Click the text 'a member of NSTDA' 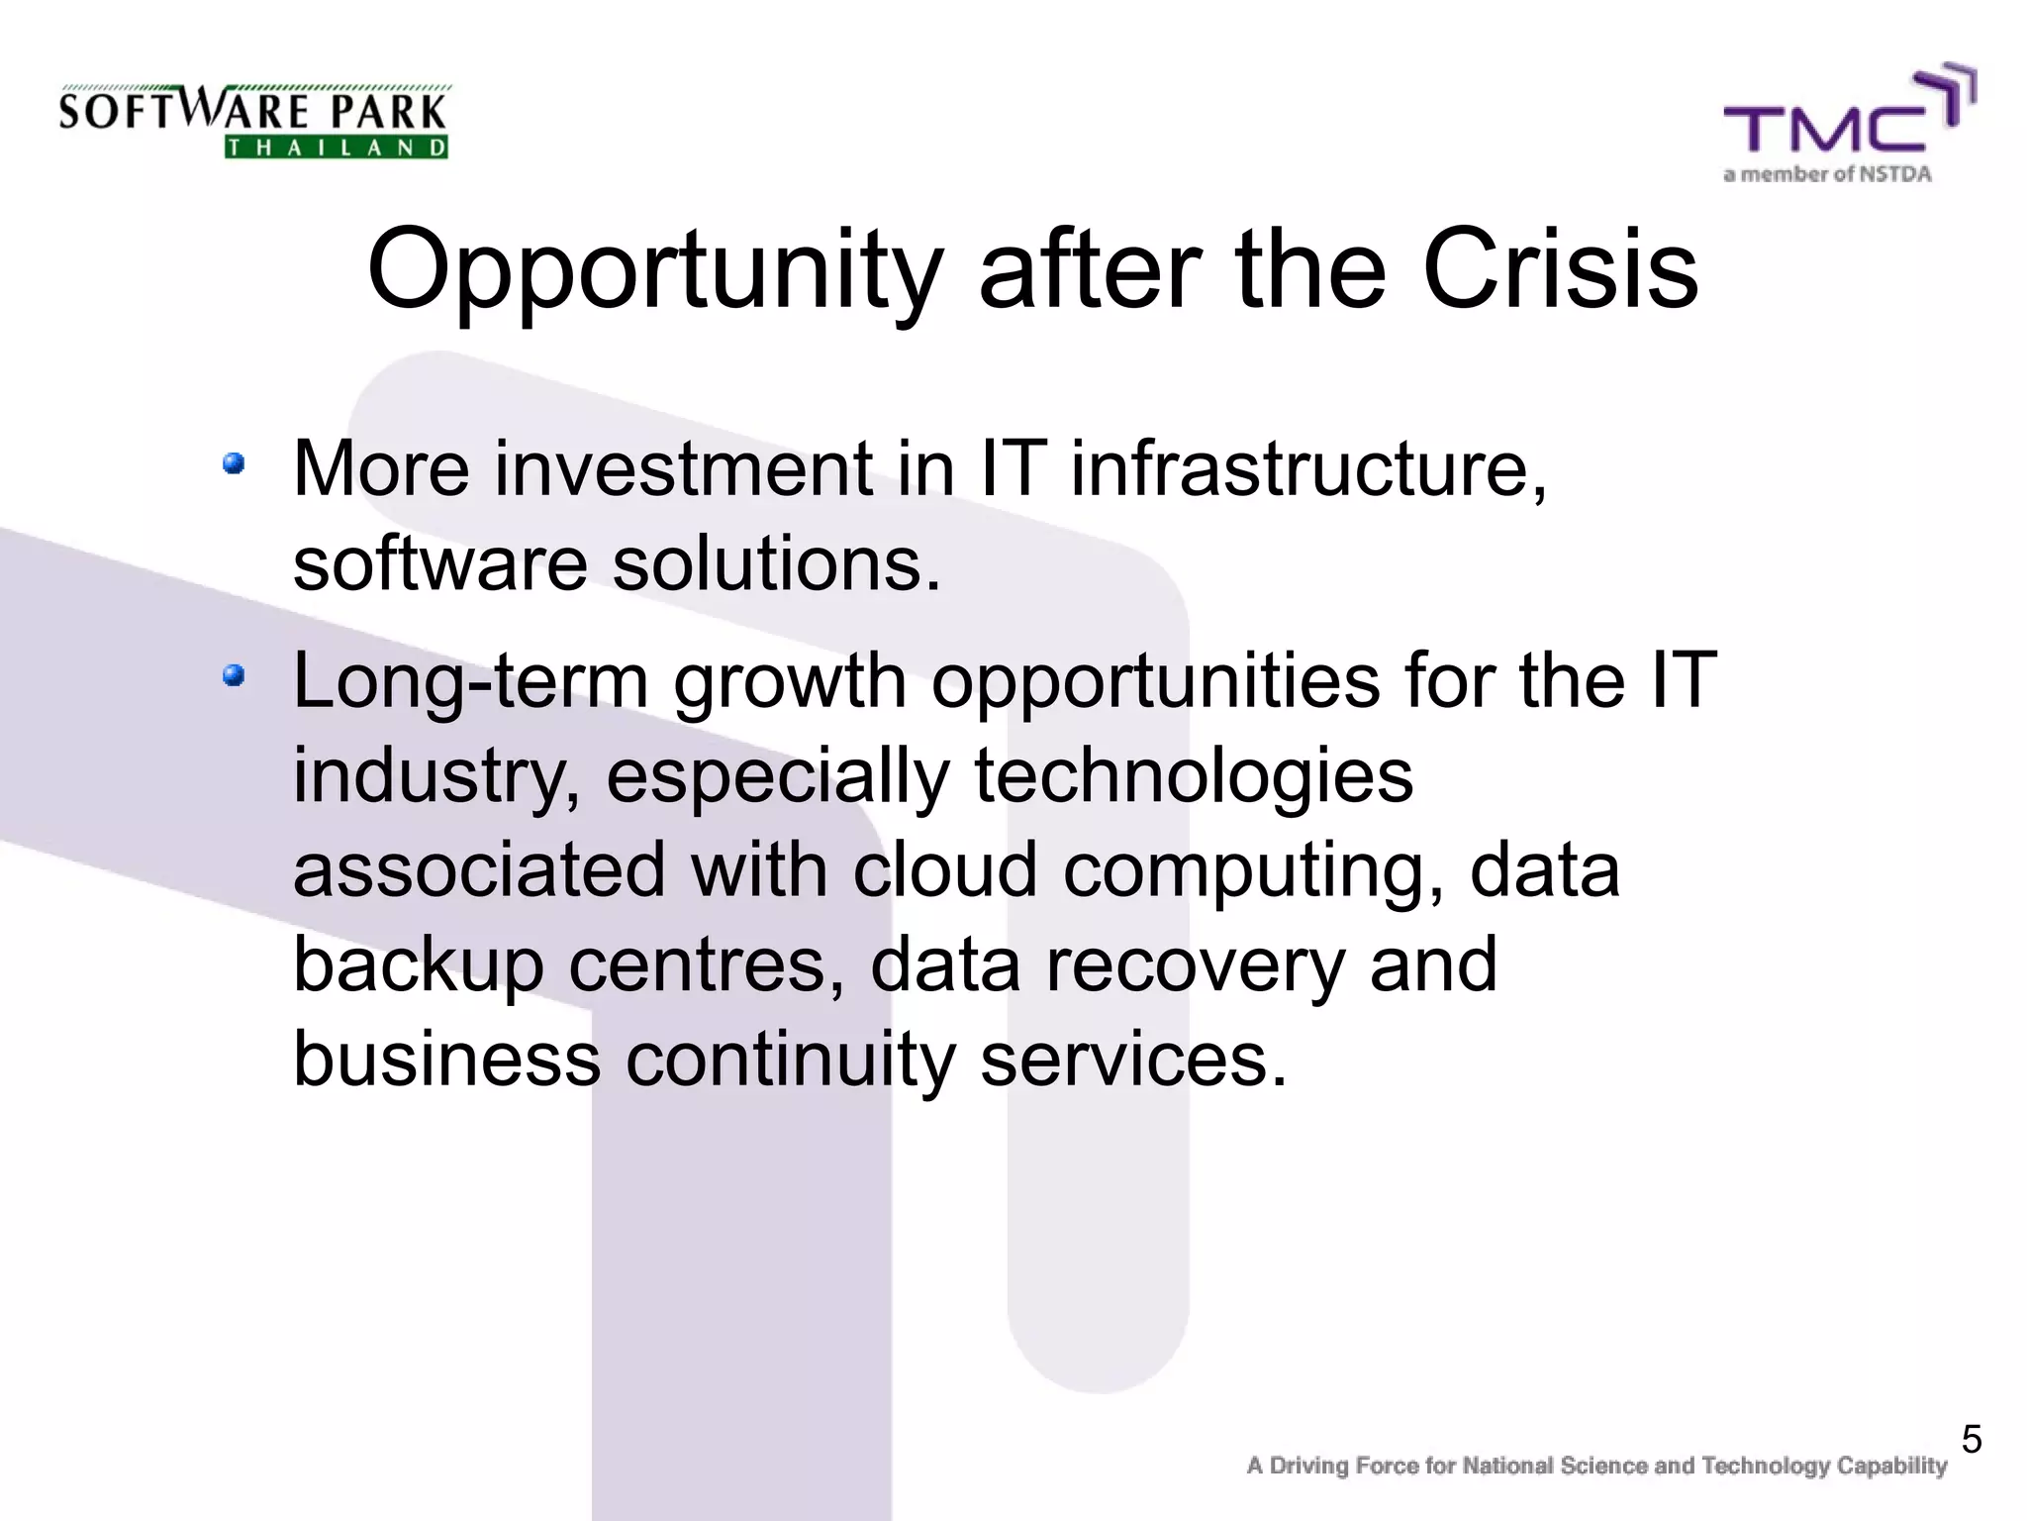coord(1827,175)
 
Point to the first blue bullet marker coord(234,463)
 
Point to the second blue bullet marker coord(234,676)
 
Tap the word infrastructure coord(1308,469)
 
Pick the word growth coord(789,683)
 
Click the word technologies coord(1193,776)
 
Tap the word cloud coord(945,870)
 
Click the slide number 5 coord(1971,1440)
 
